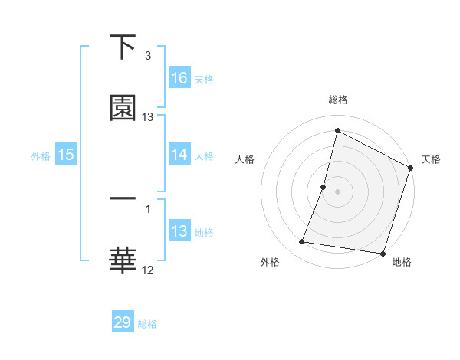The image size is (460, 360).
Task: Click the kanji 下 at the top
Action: pos(123,47)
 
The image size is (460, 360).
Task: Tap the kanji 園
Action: pos(123,109)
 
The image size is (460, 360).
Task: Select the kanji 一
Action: pos(123,198)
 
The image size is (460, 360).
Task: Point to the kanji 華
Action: pos(123,260)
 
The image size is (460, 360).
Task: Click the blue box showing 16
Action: pos(179,77)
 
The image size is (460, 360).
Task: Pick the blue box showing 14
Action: pos(179,155)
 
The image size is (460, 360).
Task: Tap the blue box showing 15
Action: pos(66,155)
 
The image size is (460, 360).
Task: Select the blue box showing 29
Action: pos(123,322)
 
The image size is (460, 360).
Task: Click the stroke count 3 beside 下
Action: pos(148,56)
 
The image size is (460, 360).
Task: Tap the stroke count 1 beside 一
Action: pos(148,207)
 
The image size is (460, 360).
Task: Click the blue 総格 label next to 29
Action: pos(148,324)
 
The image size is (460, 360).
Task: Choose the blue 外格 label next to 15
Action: pos(41,155)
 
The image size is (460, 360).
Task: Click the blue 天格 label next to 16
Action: pos(204,79)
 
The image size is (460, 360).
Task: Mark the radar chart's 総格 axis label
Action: pos(338,100)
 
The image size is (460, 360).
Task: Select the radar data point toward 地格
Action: pos(383,253)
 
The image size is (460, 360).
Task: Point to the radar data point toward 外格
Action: pos(302,242)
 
